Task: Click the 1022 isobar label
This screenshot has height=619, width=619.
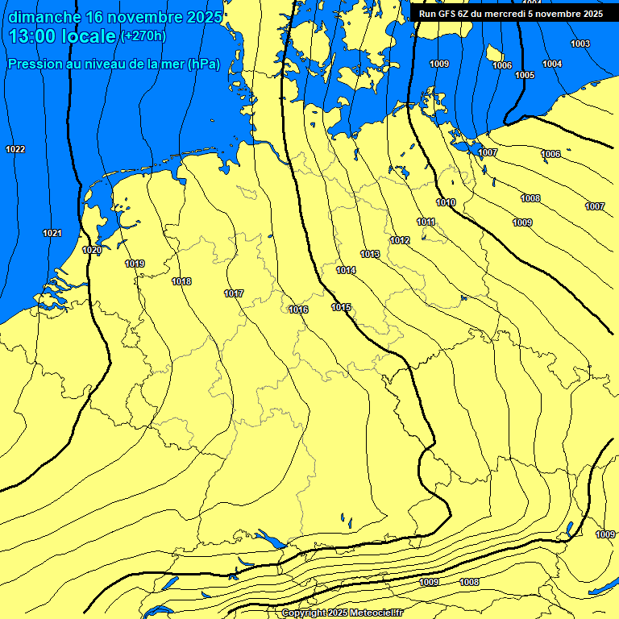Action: click(15, 149)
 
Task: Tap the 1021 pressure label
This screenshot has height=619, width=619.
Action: click(52, 233)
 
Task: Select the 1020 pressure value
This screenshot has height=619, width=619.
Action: click(92, 251)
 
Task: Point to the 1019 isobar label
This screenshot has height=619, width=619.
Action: click(135, 264)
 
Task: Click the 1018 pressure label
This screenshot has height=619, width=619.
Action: click(181, 281)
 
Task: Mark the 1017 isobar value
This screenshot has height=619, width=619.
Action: click(234, 293)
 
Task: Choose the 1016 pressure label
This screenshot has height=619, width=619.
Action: click(298, 309)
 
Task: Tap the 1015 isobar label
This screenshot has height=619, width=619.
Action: click(341, 307)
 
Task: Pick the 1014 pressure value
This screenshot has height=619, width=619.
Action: click(346, 270)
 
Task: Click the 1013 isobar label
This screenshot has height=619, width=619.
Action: click(370, 254)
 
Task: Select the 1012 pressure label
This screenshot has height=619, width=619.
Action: click(400, 240)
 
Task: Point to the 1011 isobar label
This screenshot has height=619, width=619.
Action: click(426, 222)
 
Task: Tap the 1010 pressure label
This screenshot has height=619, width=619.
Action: click(446, 202)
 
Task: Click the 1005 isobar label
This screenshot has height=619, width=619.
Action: click(525, 75)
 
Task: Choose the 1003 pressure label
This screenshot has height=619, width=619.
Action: click(580, 44)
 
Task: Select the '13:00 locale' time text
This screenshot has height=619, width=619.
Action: click(62, 36)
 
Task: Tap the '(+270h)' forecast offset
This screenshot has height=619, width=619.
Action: click(143, 36)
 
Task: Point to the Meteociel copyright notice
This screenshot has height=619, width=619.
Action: click(342, 613)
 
